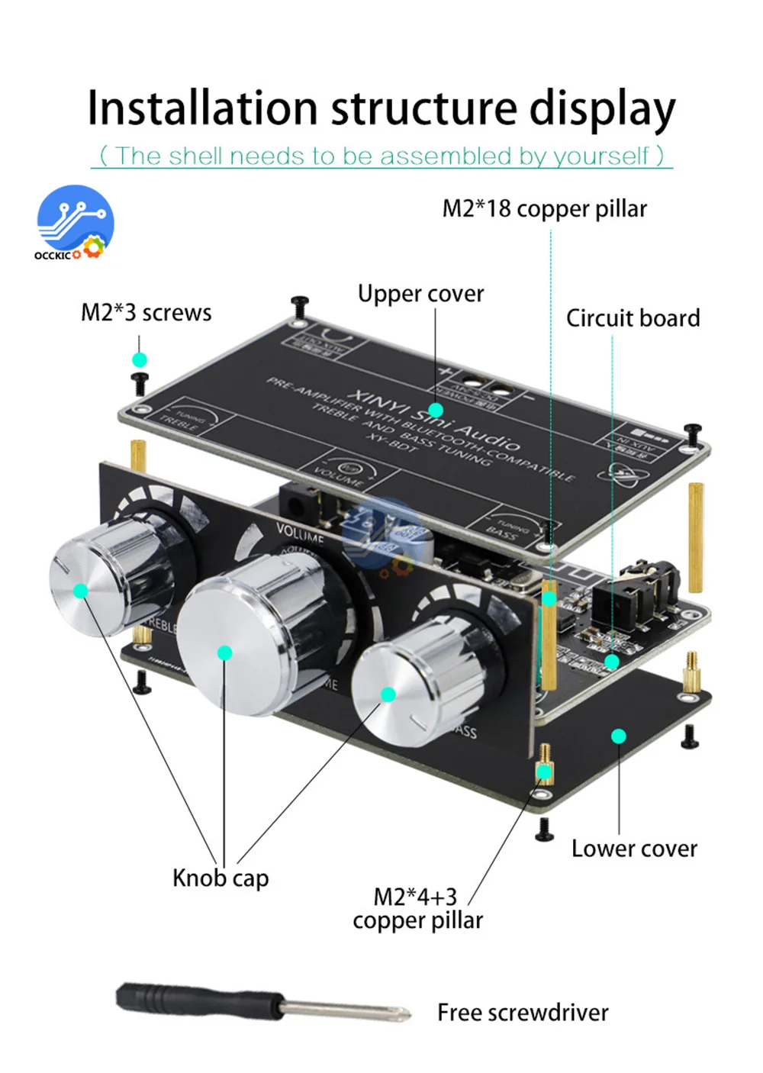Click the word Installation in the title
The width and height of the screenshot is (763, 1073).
[x=201, y=108]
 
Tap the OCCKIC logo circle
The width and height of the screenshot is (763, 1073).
[x=76, y=221]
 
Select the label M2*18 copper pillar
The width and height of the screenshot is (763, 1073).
[x=544, y=208]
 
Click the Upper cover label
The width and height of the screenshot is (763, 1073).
[x=420, y=294]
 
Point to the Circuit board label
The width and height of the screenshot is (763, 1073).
[x=633, y=318]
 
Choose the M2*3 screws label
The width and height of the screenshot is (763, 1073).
[x=146, y=313]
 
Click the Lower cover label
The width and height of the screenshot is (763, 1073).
[x=634, y=849]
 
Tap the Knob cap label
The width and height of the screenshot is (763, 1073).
[x=221, y=878]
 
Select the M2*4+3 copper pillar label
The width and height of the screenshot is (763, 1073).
[x=417, y=908]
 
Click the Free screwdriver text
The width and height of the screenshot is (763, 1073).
[x=523, y=1013]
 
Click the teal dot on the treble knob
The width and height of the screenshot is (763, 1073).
[x=81, y=591]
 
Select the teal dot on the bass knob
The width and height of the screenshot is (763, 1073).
[x=388, y=694]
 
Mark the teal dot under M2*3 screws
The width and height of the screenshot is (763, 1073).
[x=139, y=359]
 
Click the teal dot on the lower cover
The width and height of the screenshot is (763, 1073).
[x=619, y=736]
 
